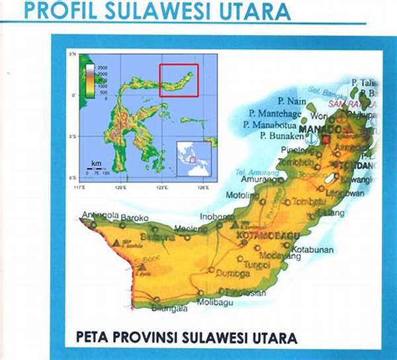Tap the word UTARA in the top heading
coord(255,11)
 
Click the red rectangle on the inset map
coord(179,80)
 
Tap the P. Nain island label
coord(279,101)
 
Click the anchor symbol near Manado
coord(310,138)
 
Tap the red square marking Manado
coord(325,139)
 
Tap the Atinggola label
coord(99,216)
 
